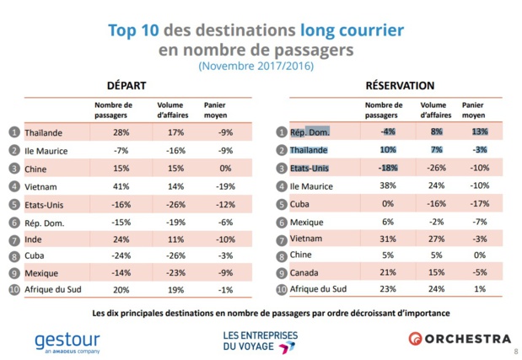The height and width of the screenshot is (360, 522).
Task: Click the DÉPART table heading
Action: pos(126,85)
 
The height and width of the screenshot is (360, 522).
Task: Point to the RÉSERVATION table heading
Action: pos(400,85)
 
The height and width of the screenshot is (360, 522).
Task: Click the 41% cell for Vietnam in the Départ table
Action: pos(121,186)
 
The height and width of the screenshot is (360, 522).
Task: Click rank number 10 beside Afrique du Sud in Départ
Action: pos(13,292)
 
